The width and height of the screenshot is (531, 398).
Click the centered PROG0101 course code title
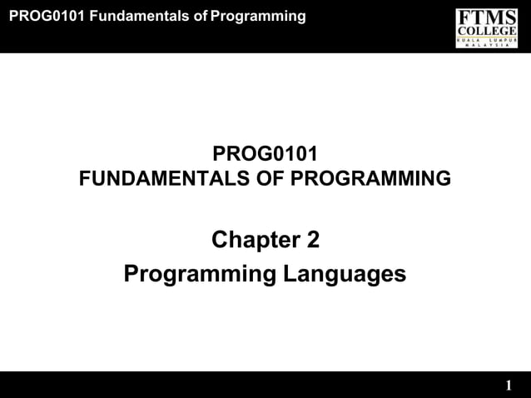(x=265, y=155)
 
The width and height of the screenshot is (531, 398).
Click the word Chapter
(x=250, y=241)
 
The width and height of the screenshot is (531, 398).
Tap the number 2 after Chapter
(x=312, y=241)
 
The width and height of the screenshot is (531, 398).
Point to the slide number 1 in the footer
(x=509, y=386)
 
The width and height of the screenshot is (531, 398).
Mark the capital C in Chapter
(x=221, y=241)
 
